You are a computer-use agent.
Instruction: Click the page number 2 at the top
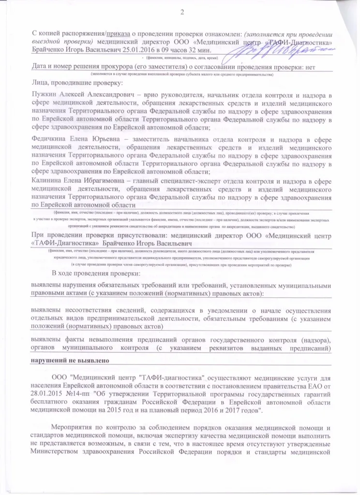click(182, 12)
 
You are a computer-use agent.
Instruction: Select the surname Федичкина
click(49, 140)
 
